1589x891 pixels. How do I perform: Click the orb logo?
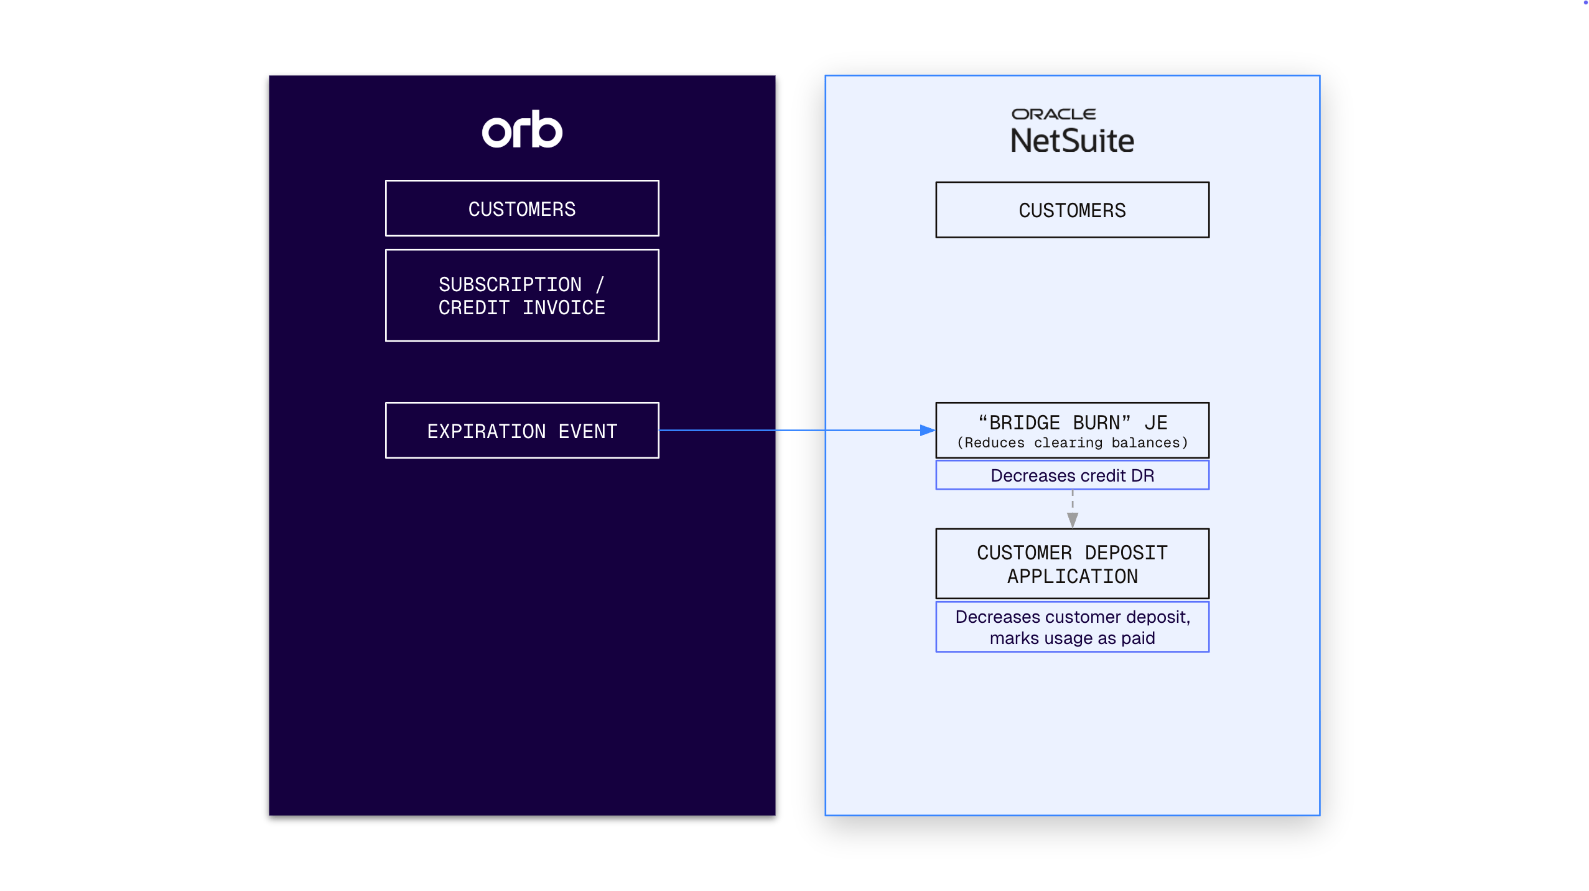point(521,129)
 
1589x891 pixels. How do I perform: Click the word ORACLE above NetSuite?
point(1053,114)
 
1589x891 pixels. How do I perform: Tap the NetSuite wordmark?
point(1072,141)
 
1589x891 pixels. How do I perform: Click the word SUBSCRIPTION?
point(510,284)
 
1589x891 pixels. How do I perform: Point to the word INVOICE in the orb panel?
point(564,307)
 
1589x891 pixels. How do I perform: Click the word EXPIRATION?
point(487,431)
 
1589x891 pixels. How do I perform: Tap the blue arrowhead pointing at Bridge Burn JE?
point(928,430)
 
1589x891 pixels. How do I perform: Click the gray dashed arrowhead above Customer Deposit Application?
point(1072,520)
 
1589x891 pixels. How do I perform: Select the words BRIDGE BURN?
point(1054,423)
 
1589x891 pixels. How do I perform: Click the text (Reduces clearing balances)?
point(1072,442)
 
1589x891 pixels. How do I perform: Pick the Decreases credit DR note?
point(1072,475)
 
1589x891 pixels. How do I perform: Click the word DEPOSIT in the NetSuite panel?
point(1126,553)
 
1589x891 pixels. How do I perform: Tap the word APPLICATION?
point(1072,576)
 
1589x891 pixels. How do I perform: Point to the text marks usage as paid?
point(1072,638)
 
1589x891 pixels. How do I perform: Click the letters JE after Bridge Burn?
point(1156,423)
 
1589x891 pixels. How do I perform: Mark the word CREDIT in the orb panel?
point(474,307)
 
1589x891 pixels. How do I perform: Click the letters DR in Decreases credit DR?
point(1142,475)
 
